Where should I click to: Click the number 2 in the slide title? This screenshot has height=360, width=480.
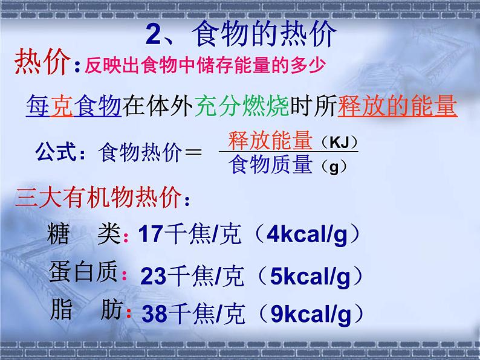point(153,34)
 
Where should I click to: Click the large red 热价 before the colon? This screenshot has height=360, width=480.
point(42,62)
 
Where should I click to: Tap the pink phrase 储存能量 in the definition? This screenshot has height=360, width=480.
point(234,65)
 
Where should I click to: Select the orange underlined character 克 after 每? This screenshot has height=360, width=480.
point(62,106)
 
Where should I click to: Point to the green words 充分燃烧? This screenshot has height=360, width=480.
point(242,106)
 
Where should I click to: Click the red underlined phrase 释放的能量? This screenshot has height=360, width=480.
point(397,106)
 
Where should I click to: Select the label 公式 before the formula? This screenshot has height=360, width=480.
point(56,152)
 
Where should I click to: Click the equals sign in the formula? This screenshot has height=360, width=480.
point(193,152)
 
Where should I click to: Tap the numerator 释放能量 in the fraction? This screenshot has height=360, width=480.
point(270,140)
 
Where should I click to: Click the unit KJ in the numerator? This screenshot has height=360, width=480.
point(339,142)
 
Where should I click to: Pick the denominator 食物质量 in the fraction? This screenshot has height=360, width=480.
point(270,164)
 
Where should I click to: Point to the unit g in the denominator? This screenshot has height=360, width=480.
point(334,167)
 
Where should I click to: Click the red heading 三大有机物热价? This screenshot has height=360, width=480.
point(98,198)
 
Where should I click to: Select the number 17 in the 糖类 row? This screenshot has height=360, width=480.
point(151,234)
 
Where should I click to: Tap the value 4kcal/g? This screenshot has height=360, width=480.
point(307,235)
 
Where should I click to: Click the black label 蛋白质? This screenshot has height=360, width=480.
point(83,271)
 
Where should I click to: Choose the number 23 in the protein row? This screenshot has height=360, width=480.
point(154,276)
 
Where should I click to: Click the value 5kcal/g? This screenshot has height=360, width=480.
point(310,277)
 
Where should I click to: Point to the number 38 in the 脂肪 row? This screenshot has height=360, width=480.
point(155,314)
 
